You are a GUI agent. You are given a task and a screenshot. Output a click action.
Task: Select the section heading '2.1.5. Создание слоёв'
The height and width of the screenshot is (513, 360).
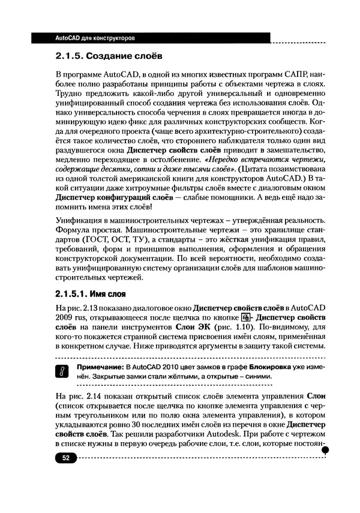point(107,58)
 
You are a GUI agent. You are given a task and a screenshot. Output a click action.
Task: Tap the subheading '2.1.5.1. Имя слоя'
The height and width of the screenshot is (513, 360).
point(89,295)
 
